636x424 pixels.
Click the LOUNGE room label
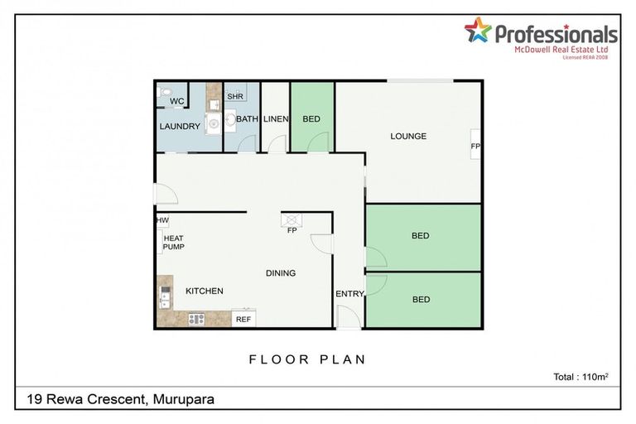(x=408, y=136)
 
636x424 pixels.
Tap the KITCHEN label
(x=204, y=291)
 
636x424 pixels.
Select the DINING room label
(x=280, y=273)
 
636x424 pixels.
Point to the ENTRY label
(x=349, y=294)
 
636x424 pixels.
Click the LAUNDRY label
(x=180, y=127)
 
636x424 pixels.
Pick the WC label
(x=176, y=102)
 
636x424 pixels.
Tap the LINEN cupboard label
(x=276, y=119)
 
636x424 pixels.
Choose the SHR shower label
(x=234, y=96)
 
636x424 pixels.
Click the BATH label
(x=248, y=119)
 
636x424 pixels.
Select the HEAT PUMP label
(x=173, y=242)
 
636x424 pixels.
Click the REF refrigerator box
(x=243, y=319)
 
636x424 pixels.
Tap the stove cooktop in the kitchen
(x=196, y=319)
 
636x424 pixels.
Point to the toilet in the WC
(x=163, y=93)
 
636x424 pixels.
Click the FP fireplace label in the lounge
(x=475, y=147)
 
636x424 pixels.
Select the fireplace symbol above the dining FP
(x=291, y=219)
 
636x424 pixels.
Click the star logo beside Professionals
(x=478, y=31)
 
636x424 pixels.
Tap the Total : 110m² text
(x=581, y=377)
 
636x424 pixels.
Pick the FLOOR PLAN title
(x=307, y=359)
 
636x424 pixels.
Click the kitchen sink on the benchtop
(x=165, y=295)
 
